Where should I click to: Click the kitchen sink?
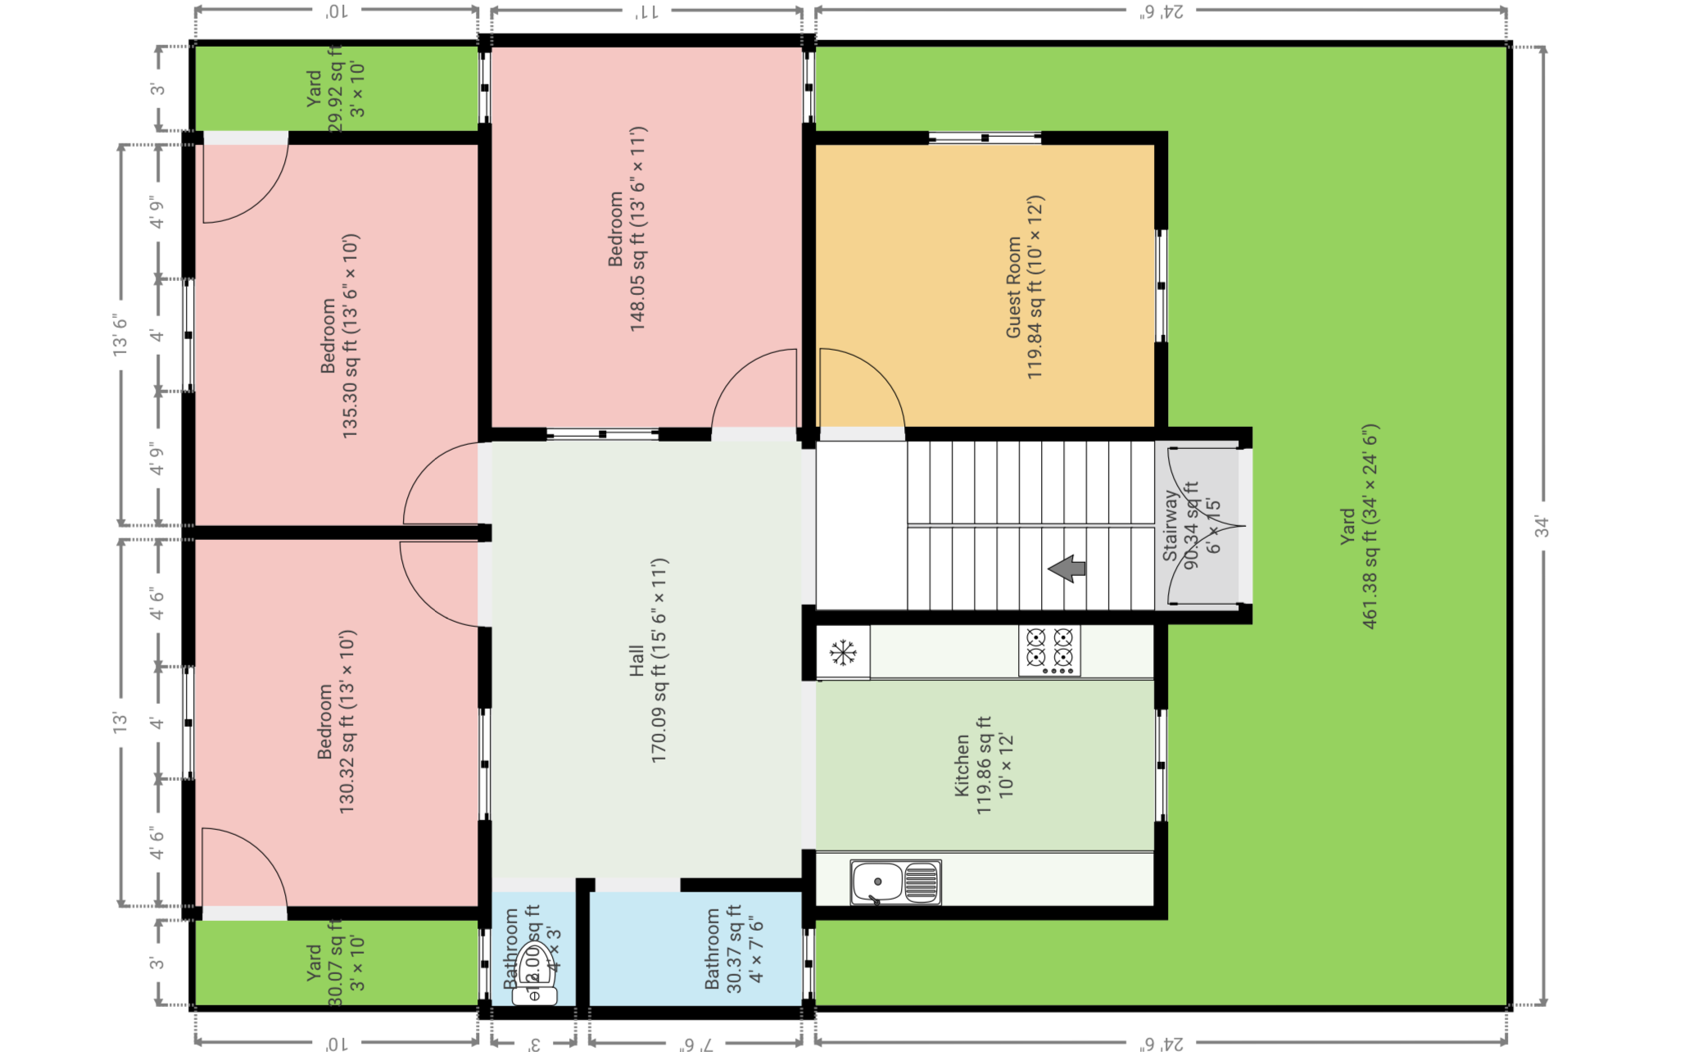[895, 882]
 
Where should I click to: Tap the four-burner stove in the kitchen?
[1049, 651]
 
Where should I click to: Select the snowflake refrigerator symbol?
[843, 653]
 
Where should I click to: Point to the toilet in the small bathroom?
[534, 975]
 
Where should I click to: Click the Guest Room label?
[1024, 287]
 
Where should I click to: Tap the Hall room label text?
[648, 660]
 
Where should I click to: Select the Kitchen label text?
[983, 765]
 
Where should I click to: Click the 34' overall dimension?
[1542, 526]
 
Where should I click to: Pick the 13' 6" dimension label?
[121, 334]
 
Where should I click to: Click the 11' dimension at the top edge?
[646, 11]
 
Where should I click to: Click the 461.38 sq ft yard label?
[1360, 526]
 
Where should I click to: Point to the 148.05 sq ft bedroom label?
[627, 229]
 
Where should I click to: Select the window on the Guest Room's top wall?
[985, 138]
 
